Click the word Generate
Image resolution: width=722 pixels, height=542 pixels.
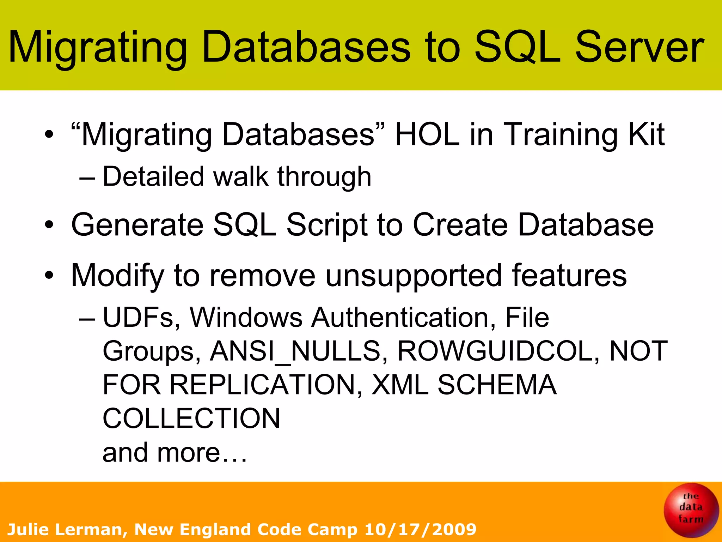137,225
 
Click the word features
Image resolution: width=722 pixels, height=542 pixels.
569,275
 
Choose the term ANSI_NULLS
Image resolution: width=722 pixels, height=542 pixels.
295,351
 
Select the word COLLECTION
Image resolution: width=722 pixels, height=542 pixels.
191,418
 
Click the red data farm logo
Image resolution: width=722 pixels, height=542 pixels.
691,510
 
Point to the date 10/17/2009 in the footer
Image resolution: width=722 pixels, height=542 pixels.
420,530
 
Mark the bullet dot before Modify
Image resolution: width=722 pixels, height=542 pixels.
49,275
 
